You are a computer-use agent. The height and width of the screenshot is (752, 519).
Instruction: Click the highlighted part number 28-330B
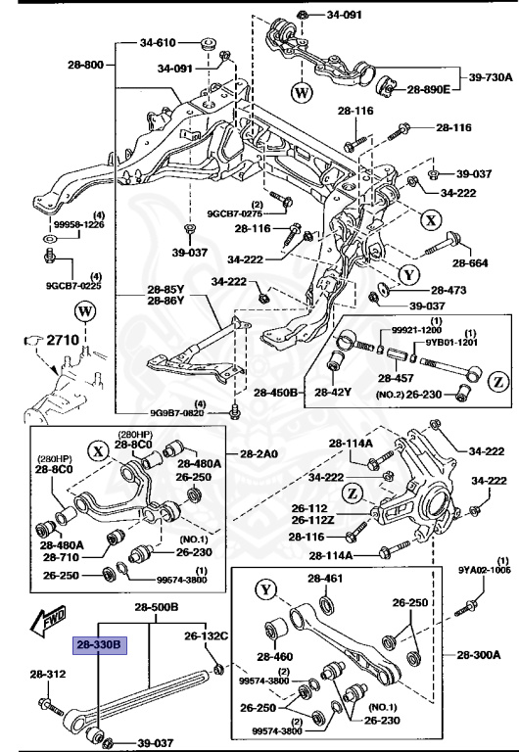tap(99, 646)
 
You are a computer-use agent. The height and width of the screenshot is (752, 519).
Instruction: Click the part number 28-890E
tap(429, 89)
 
